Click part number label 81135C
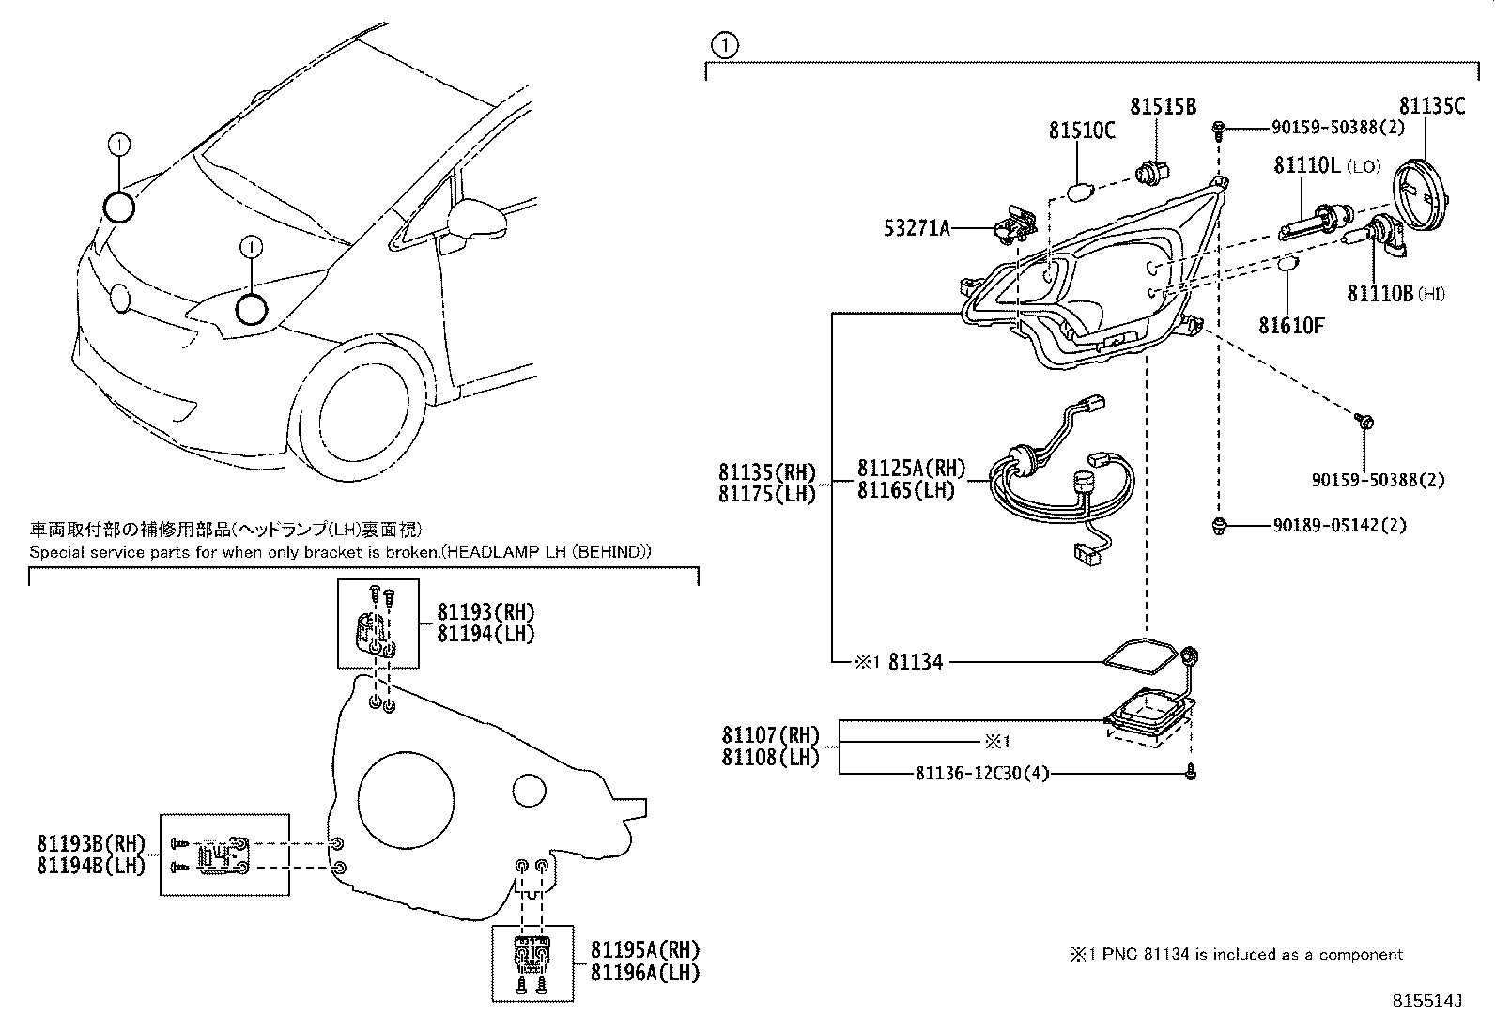click(x=1431, y=106)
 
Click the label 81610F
click(x=1291, y=326)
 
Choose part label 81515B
click(x=1163, y=107)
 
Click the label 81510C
click(x=1082, y=131)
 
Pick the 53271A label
click(x=917, y=227)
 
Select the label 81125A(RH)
click(x=911, y=469)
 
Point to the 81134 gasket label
click(x=915, y=662)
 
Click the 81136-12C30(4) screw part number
click(x=981, y=773)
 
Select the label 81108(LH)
click(x=770, y=757)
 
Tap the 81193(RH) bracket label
click(x=485, y=613)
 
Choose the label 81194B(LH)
click(x=91, y=865)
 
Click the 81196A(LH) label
click(x=645, y=973)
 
